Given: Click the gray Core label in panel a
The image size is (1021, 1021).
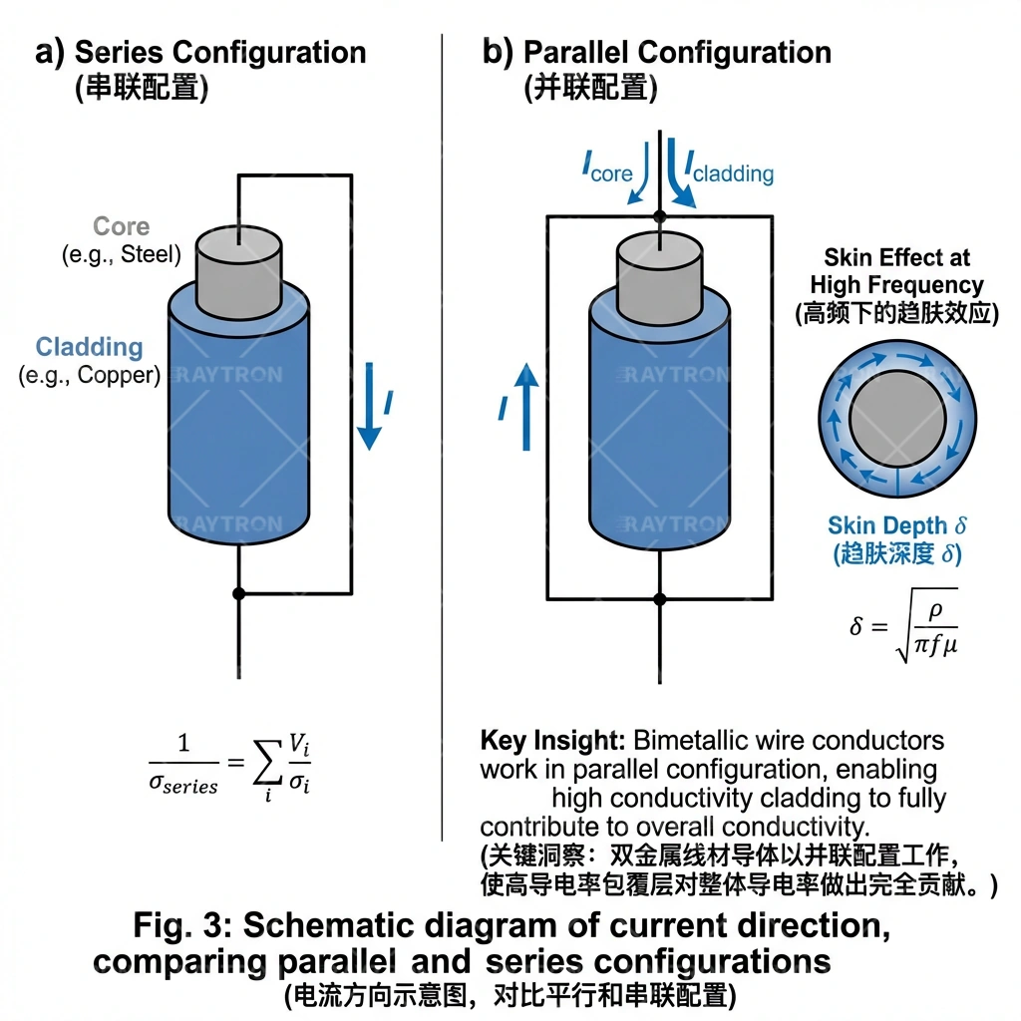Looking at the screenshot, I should (x=122, y=226).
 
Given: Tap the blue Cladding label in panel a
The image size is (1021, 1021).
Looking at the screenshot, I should (x=90, y=347).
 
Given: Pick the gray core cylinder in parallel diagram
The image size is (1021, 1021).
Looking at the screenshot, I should (x=659, y=269).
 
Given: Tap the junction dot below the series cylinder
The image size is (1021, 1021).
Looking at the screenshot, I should (x=238, y=593).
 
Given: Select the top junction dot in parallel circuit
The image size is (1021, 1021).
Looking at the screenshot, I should (x=659, y=215).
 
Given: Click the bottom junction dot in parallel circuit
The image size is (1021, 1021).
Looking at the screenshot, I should (x=659, y=598).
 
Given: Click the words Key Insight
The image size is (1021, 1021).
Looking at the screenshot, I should (x=552, y=741).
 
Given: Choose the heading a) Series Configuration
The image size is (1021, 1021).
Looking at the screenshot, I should (x=200, y=52).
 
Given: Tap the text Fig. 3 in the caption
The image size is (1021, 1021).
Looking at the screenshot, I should (x=183, y=925).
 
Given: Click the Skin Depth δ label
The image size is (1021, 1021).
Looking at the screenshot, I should (x=897, y=525).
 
